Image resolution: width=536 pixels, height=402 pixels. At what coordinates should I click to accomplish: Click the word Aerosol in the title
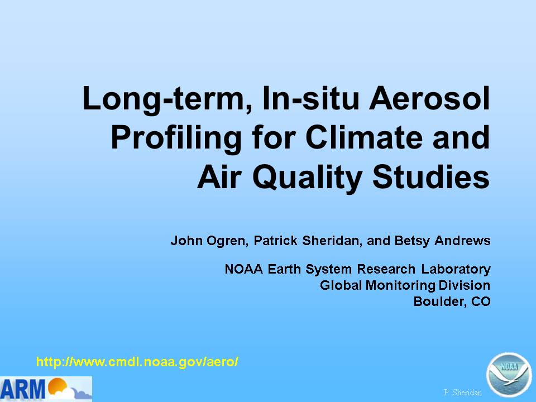(429, 98)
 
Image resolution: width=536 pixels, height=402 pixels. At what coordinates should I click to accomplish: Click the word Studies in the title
(431, 177)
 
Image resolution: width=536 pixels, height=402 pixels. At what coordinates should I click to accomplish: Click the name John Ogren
(208, 241)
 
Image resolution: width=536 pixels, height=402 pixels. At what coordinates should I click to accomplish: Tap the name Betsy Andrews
(442, 241)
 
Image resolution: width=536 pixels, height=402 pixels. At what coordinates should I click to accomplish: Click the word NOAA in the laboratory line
(244, 269)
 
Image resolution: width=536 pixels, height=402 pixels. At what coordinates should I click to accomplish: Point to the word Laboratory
(456, 270)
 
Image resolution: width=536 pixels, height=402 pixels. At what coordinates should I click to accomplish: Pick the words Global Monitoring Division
(405, 285)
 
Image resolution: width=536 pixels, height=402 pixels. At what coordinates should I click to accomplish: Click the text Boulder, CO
(452, 301)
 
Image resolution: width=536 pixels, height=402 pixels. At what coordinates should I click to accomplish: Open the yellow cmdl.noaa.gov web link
(137, 362)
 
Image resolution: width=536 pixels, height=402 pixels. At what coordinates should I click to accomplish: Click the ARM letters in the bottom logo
(22, 389)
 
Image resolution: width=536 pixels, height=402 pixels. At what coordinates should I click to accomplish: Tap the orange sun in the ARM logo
(57, 386)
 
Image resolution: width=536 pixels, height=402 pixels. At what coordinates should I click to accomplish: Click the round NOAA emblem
(509, 375)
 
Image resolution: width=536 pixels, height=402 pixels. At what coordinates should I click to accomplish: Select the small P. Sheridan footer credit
(462, 393)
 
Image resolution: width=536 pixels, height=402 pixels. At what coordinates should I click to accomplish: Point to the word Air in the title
(219, 177)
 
